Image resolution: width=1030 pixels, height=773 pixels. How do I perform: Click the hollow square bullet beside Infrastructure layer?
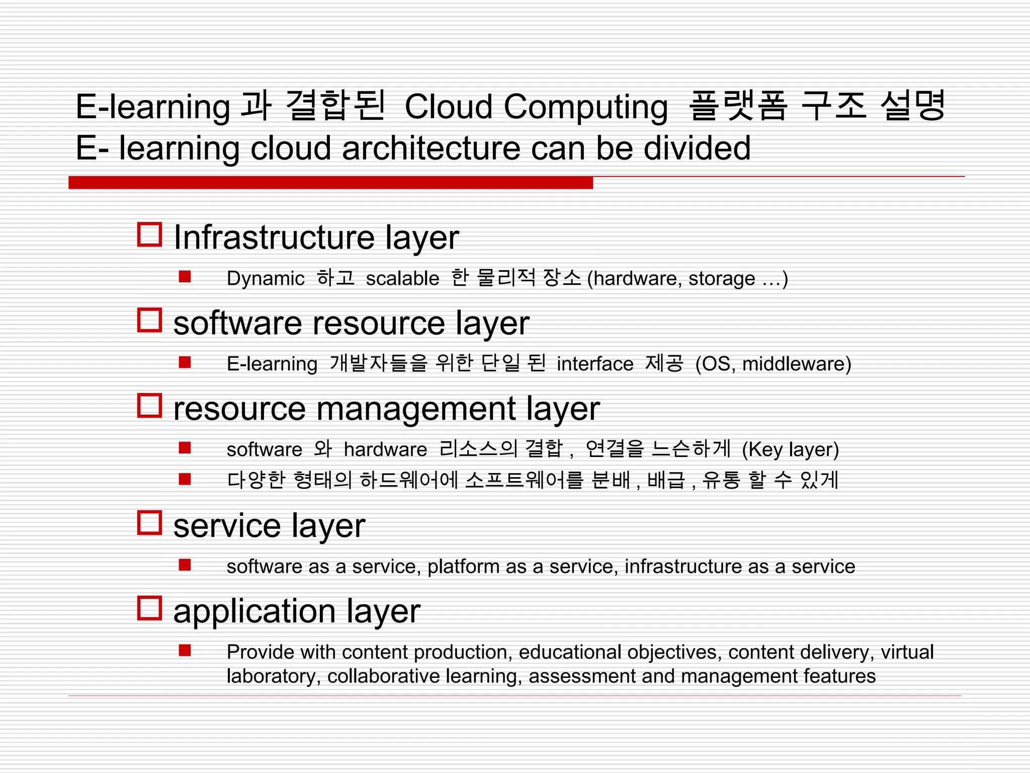point(149,235)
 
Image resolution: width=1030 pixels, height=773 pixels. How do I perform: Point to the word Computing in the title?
point(585,107)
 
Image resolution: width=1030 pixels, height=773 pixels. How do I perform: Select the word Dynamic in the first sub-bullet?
point(265,278)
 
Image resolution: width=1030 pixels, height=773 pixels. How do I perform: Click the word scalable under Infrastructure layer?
point(402,278)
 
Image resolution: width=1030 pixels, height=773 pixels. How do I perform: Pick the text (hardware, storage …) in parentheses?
point(687,278)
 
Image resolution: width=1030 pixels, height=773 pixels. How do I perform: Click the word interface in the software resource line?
point(594,364)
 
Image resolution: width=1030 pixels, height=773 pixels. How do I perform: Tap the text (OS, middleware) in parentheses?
point(773,364)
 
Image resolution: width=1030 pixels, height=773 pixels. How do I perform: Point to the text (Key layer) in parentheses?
point(790,449)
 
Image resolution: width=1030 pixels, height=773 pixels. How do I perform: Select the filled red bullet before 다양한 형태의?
point(185,479)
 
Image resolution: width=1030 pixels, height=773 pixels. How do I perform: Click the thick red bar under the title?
point(330,183)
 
